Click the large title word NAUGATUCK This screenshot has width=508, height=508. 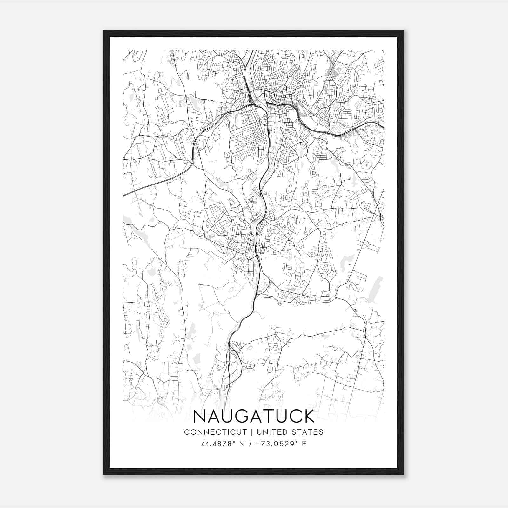[x=254, y=416]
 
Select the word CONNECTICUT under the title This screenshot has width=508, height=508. [x=215, y=432]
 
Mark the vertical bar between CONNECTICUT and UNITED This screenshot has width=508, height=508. [x=251, y=432]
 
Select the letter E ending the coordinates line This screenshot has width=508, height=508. [x=304, y=444]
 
